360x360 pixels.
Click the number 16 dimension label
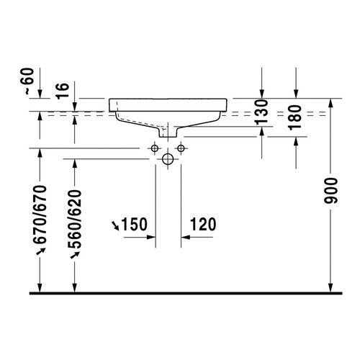(x=63, y=89)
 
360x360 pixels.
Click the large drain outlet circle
(x=168, y=160)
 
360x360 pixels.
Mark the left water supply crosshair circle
(x=153, y=148)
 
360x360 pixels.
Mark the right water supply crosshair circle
(x=183, y=148)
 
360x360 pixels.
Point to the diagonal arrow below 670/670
(x=41, y=250)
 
